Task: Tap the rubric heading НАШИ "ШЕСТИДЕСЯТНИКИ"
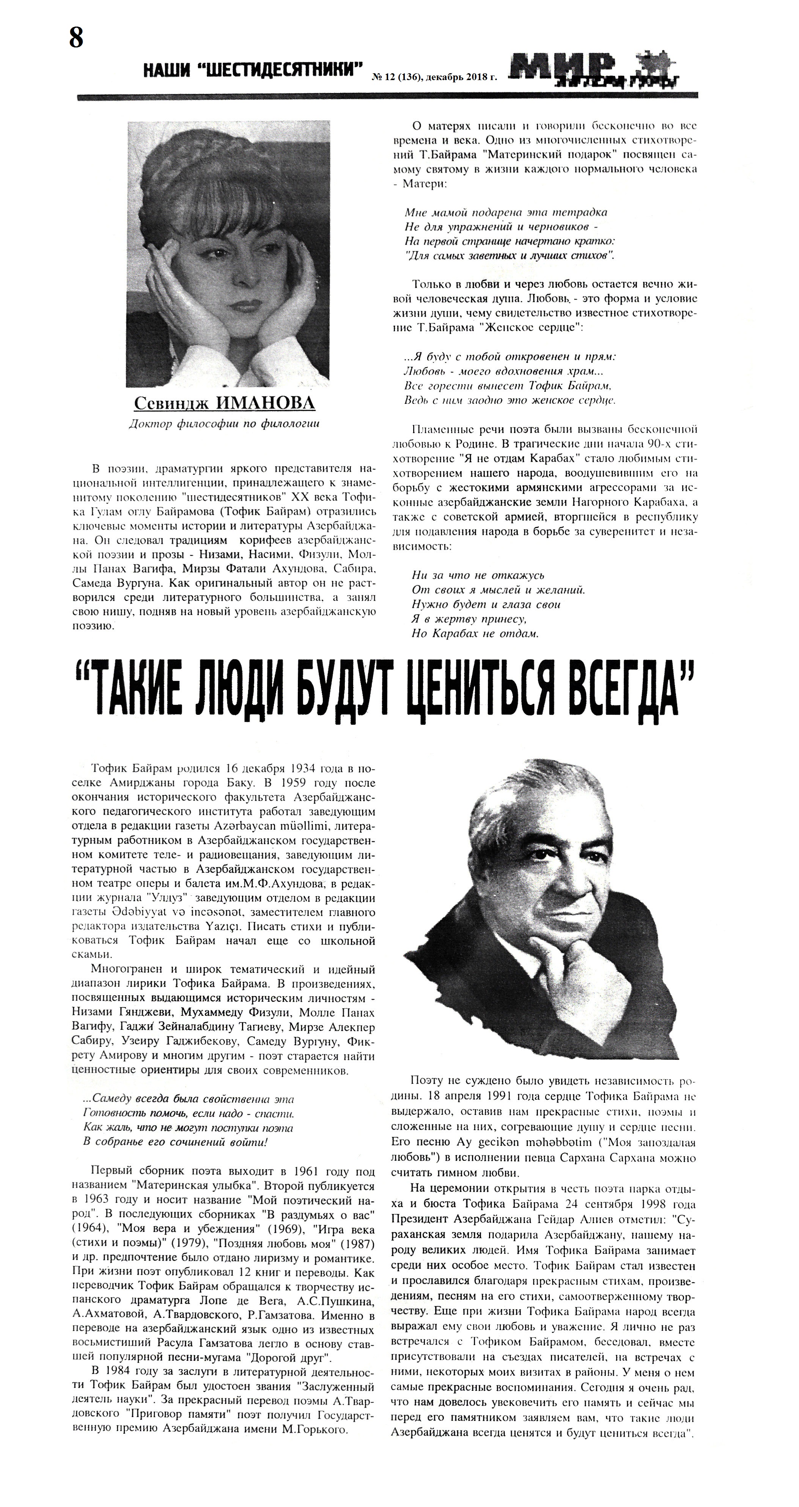tap(253, 70)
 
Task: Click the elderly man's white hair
tap(544, 801)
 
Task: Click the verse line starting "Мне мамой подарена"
tap(506, 212)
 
